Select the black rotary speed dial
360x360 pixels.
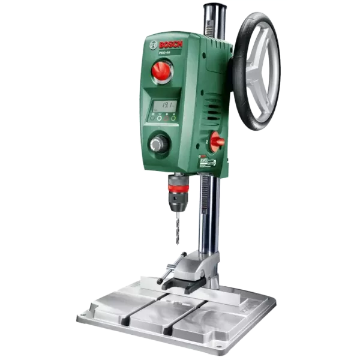(159, 144)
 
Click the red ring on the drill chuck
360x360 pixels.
(176, 191)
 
